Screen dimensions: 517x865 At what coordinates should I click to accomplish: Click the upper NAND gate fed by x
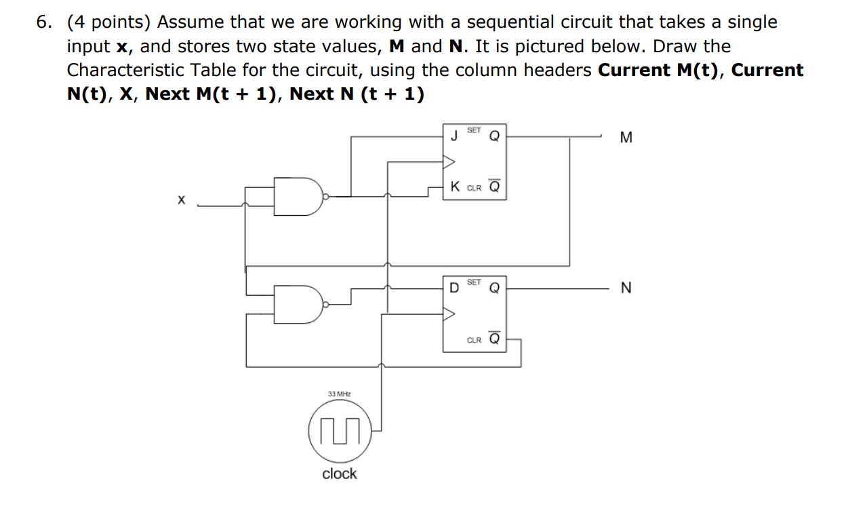[298, 197]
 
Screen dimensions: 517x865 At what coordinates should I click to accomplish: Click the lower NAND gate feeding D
[298, 305]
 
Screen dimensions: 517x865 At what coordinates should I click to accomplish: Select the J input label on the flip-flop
[454, 136]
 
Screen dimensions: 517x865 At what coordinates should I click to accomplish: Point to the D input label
[454, 288]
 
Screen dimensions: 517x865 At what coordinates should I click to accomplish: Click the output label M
[626, 138]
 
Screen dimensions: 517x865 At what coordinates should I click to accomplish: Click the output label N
[626, 288]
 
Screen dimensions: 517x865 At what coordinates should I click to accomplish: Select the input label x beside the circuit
[181, 200]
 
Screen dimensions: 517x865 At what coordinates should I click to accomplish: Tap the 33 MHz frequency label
[339, 394]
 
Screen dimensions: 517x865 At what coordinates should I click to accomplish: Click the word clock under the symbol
[339, 474]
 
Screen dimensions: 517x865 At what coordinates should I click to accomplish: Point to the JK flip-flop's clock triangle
[449, 161]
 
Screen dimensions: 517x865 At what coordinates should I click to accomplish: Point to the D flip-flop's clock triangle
[449, 313]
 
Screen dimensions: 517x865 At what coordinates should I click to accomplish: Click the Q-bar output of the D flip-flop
[494, 339]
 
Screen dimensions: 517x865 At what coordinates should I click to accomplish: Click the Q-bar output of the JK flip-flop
[494, 187]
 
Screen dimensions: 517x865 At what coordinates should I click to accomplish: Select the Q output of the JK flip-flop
[494, 136]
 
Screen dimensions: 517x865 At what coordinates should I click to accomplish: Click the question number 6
[44, 22]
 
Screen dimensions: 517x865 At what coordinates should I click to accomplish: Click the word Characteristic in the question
[123, 71]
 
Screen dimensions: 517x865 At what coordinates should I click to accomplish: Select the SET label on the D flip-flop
[474, 282]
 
